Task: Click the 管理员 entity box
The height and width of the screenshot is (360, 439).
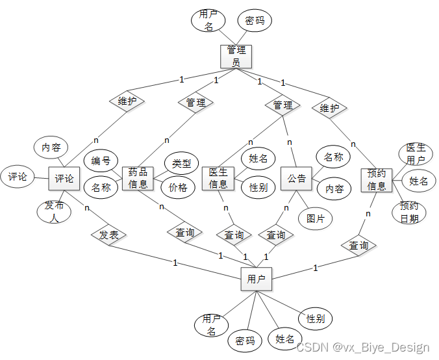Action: pyautogui.click(x=236, y=56)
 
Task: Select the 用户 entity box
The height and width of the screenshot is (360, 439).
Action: pyautogui.click(x=257, y=279)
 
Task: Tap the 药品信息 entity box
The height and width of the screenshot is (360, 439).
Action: pyautogui.click(x=138, y=178)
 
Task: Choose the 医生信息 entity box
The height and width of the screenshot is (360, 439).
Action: pyautogui.click(x=218, y=178)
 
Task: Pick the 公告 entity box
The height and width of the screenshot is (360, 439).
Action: pyautogui.click(x=297, y=178)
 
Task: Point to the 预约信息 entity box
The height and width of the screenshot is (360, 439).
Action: pyautogui.click(x=377, y=180)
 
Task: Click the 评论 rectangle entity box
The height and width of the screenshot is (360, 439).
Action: pyautogui.click(x=64, y=178)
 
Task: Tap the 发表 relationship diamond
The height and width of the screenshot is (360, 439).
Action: pyautogui.click(x=108, y=235)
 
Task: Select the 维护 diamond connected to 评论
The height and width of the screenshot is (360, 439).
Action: pyautogui.click(x=127, y=101)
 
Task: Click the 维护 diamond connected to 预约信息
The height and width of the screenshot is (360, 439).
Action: pyautogui.click(x=330, y=108)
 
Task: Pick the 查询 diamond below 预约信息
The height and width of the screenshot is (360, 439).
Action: pyautogui.click(x=358, y=245)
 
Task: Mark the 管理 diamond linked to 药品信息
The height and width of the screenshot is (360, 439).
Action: pyautogui.click(x=195, y=102)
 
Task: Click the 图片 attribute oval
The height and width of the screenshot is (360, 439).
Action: pyautogui.click(x=316, y=218)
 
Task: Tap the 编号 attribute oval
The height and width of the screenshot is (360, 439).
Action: pyautogui.click(x=101, y=161)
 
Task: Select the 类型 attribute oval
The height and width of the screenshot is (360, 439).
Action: pyautogui.click(x=182, y=163)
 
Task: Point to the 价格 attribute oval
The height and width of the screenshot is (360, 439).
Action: pyautogui.click(x=178, y=188)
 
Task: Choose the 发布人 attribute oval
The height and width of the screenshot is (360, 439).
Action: pyautogui.click(x=54, y=212)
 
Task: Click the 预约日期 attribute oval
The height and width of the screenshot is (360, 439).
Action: pyautogui.click(x=409, y=212)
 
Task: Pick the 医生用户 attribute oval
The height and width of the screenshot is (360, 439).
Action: pyautogui.click(x=416, y=154)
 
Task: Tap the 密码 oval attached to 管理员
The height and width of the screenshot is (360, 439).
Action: pyautogui.click(x=255, y=21)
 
